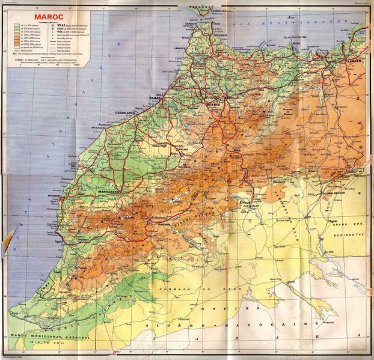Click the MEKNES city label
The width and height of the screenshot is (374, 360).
(215, 103)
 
